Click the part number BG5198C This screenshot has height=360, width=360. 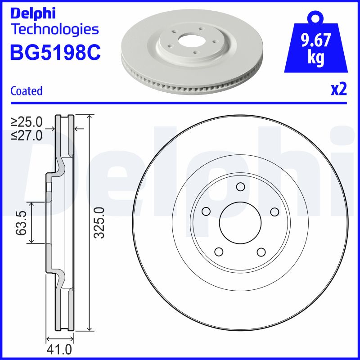(x=55, y=53)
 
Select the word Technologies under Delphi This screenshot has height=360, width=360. (x=54, y=30)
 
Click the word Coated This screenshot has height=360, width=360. (x=26, y=91)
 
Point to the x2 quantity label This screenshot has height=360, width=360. (x=339, y=90)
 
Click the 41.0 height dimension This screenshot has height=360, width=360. (x=59, y=350)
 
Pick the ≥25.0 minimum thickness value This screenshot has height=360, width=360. (x=27, y=121)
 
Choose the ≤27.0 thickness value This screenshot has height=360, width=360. (x=27, y=135)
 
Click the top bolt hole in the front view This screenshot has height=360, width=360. (x=240, y=187)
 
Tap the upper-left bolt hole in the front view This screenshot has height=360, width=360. (x=207, y=211)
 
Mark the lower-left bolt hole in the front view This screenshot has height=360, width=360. (x=219, y=252)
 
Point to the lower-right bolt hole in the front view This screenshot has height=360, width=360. (x=261, y=252)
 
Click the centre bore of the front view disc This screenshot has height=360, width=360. (x=240, y=222)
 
